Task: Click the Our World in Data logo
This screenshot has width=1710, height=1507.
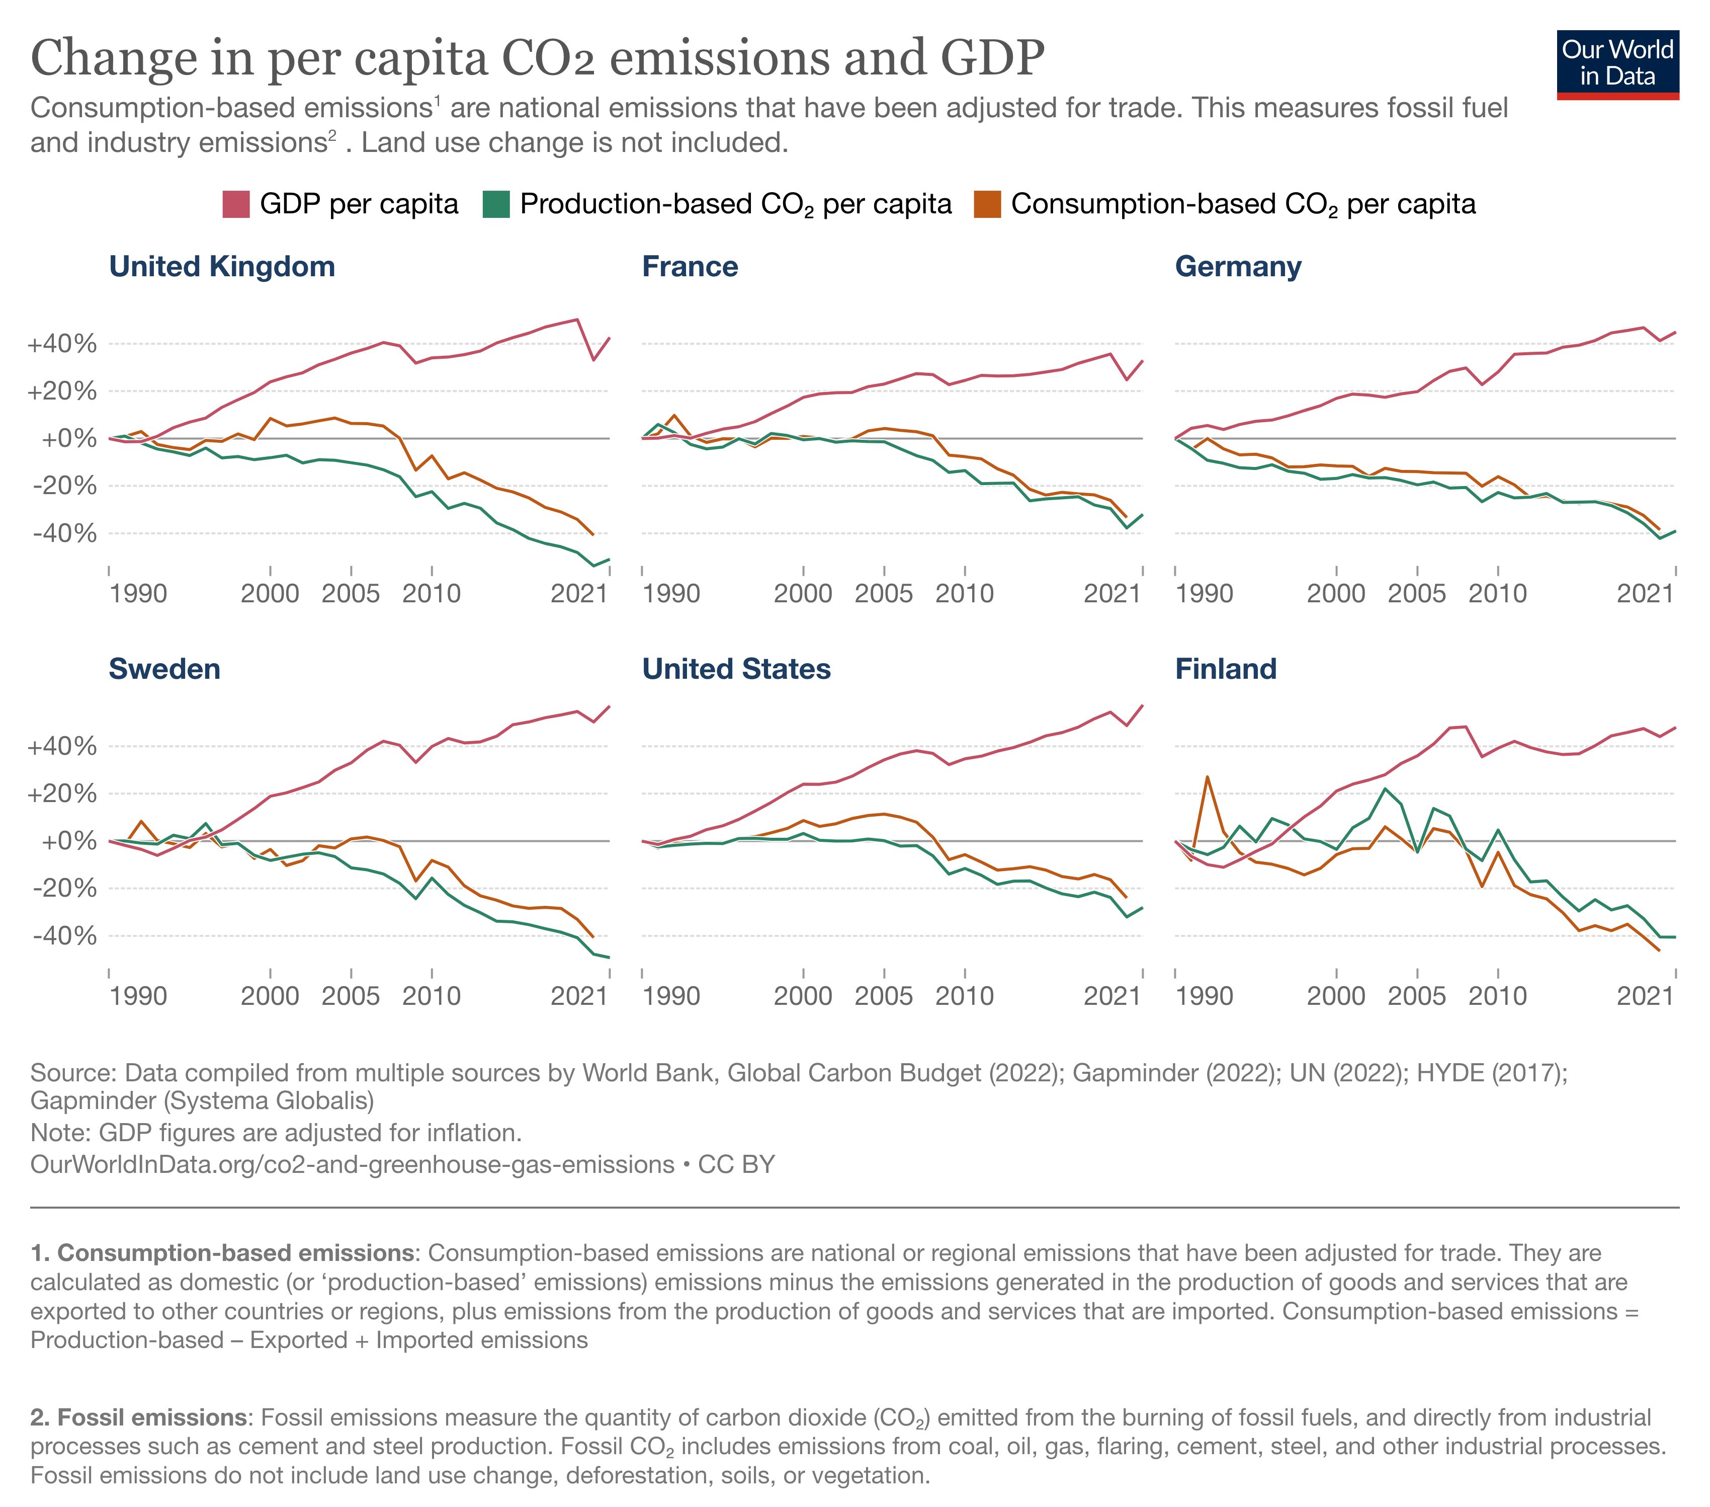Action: click(1616, 65)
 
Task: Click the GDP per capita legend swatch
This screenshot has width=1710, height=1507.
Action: click(236, 204)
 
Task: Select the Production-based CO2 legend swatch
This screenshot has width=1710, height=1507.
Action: click(496, 204)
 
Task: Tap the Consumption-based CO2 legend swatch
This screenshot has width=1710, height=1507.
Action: click(987, 204)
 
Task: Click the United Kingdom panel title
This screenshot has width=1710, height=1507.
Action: click(222, 266)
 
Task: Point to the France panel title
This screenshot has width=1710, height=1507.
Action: click(690, 266)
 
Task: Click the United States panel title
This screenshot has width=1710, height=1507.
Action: click(736, 669)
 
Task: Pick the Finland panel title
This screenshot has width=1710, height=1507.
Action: click(1226, 669)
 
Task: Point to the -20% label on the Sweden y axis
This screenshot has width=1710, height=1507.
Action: click(63, 888)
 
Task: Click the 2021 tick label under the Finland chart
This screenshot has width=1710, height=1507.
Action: click(1645, 996)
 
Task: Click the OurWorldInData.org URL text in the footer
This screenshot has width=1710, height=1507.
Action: click(352, 1165)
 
